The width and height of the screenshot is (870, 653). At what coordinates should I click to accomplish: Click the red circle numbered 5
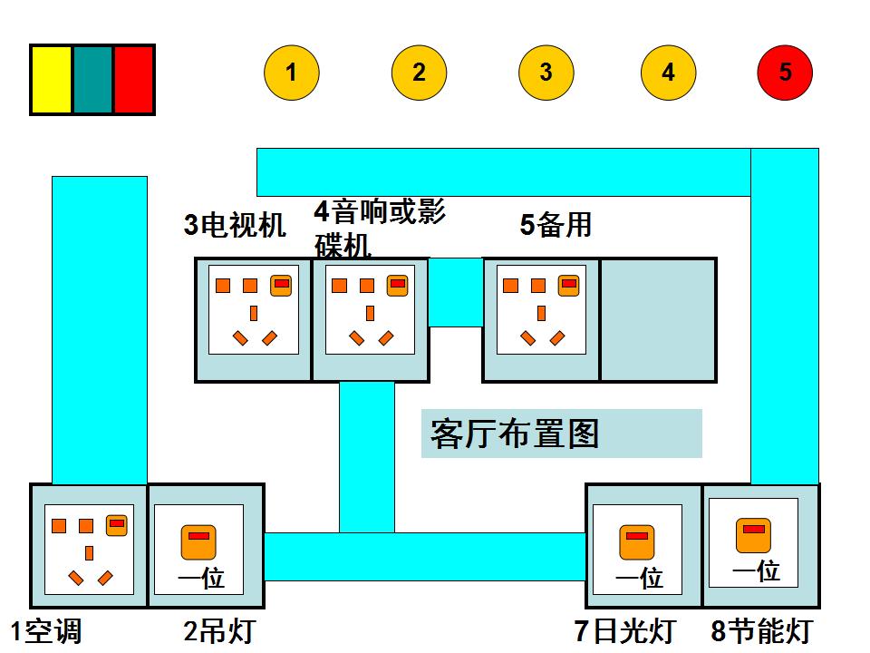[x=785, y=73]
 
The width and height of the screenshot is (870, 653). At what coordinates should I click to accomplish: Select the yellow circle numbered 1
[x=292, y=73]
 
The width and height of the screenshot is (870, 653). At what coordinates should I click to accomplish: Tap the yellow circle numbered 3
[x=546, y=73]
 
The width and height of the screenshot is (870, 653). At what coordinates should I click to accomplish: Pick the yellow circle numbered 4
[x=668, y=73]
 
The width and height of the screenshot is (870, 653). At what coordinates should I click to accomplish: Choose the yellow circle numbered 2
[x=419, y=73]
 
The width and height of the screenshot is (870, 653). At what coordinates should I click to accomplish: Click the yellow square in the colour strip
[x=52, y=80]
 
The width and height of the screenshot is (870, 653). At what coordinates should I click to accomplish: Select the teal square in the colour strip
[x=92, y=80]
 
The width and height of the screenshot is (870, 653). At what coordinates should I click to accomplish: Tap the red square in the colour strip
[x=133, y=80]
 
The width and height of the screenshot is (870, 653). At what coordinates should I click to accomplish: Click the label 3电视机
[x=235, y=225]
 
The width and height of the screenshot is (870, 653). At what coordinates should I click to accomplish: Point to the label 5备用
[x=556, y=224]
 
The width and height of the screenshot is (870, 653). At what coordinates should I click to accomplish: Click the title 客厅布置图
[x=515, y=434]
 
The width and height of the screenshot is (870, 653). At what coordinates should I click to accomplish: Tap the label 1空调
[x=45, y=631]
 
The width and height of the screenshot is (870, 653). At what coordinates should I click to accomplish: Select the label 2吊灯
[x=219, y=631]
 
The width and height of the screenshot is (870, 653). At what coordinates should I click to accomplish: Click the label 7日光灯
[x=624, y=631]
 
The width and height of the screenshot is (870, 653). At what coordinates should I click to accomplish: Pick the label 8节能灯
[x=761, y=631]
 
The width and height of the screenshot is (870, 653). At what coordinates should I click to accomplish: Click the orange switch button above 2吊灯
[x=198, y=541]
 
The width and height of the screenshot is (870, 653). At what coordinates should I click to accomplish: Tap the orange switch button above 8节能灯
[x=753, y=535]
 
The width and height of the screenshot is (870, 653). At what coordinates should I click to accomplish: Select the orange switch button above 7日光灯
[x=637, y=541]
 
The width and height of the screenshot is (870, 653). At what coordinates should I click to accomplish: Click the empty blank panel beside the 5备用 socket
[x=658, y=319]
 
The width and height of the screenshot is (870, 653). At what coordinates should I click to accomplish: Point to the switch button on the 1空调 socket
[x=116, y=525]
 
